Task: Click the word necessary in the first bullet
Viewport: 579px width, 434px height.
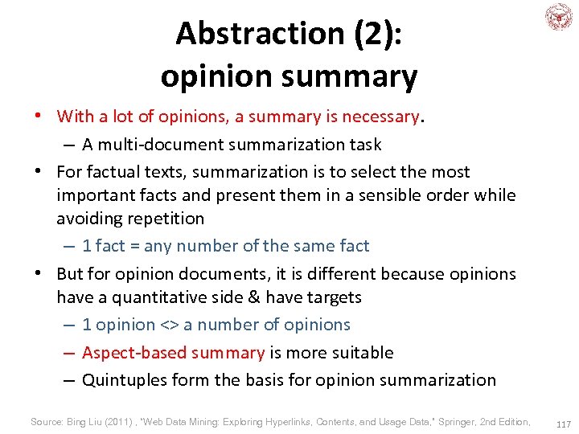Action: [380, 117]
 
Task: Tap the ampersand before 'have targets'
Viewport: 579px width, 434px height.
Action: [254, 297]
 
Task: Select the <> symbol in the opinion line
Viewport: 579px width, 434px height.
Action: [169, 325]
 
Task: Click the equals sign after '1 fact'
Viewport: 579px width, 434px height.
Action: [133, 246]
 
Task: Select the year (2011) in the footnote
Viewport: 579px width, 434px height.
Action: [120, 422]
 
